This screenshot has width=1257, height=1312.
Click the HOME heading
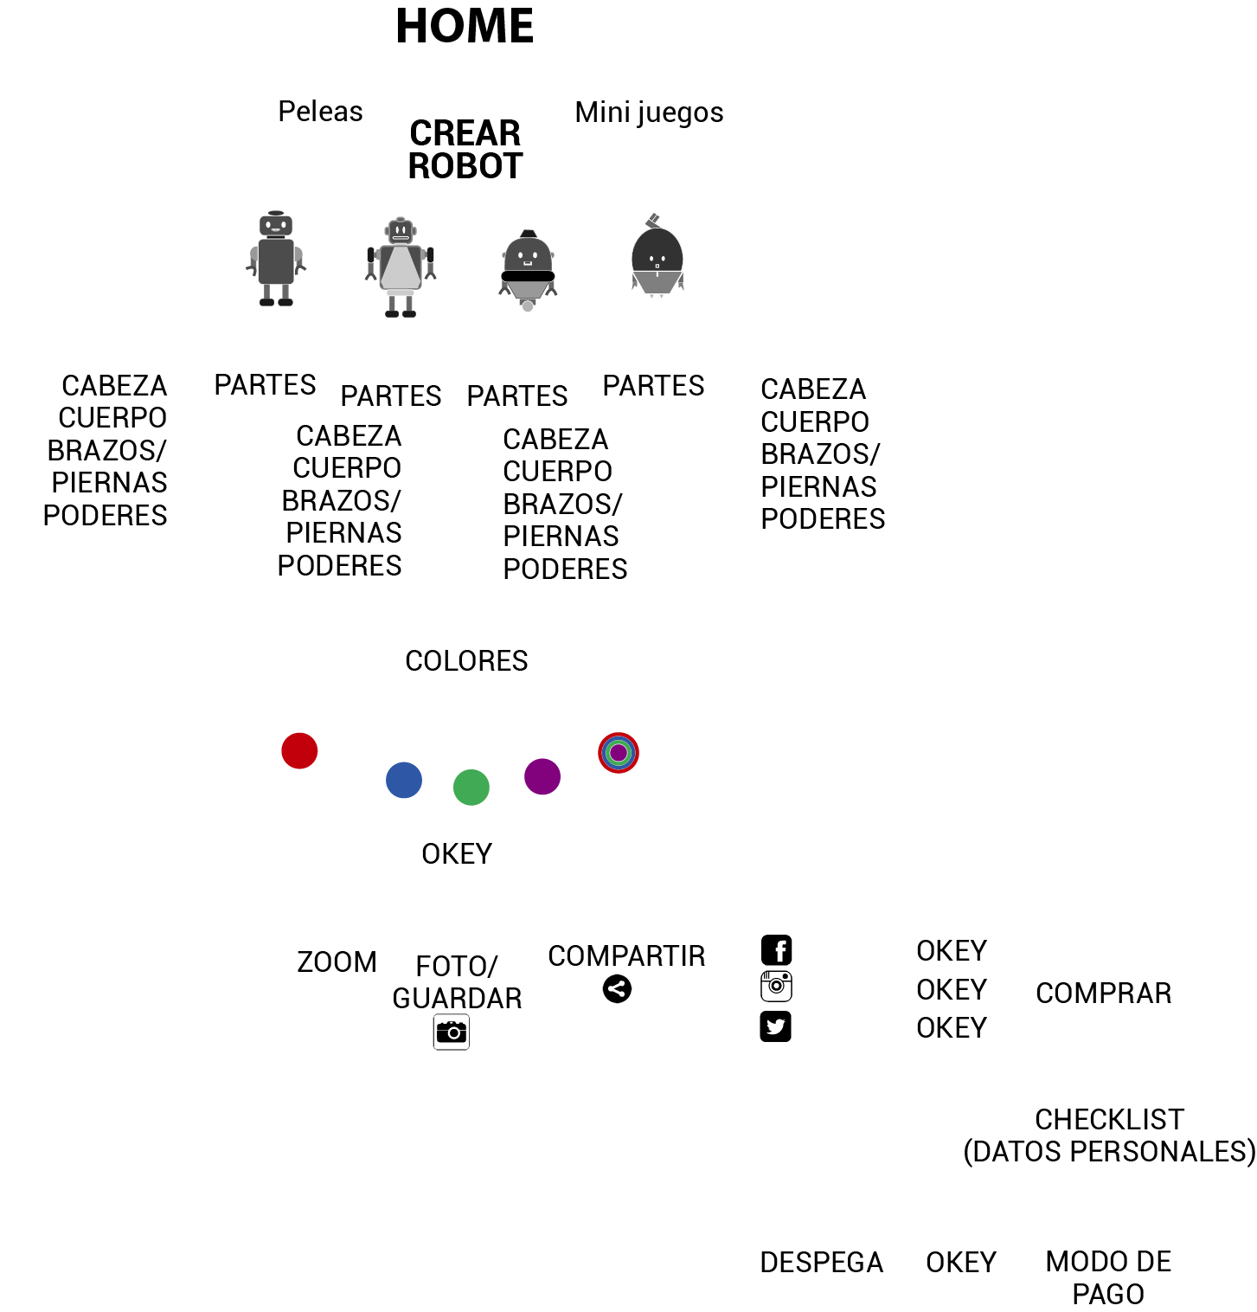pos(465,26)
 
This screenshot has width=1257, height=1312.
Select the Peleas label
pos(320,112)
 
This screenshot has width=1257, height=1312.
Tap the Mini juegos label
pos(649,113)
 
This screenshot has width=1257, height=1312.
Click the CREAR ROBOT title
pos(465,150)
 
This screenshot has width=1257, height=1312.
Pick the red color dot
pos(299,750)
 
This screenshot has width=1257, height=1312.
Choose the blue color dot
pos(404,780)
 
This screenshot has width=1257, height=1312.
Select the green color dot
pos(471,788)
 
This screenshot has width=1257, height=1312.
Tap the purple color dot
pos(542,776)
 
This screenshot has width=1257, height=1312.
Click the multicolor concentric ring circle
pos(619,753)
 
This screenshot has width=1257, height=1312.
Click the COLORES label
pos(466,661)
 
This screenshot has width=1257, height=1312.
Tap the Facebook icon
pos(777,950)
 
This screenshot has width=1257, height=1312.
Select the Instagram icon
pos(777,987)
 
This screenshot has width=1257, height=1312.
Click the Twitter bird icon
pos(776,1026)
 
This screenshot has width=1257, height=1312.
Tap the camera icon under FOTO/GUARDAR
pos(452,1032)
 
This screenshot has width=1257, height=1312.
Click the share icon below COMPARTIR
pos(618,988)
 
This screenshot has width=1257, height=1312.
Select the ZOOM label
pos(337,962)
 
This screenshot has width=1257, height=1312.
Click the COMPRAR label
pos(1103,994)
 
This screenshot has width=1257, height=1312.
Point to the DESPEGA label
pos(821,1263)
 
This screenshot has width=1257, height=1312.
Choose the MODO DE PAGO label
pos(1108,1277)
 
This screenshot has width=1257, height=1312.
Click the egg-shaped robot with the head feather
pos(657,258)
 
